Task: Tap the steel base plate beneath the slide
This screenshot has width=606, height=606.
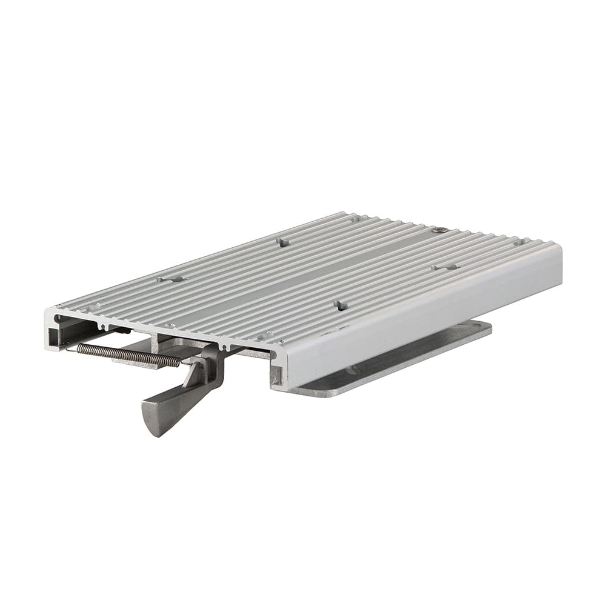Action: (x=388, y=364)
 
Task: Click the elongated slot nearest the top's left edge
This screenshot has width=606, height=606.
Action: (x=170, y=279)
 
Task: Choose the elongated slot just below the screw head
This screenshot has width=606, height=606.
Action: (x=445, y=267)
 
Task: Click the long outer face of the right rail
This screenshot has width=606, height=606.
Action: (x=424, y=315)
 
